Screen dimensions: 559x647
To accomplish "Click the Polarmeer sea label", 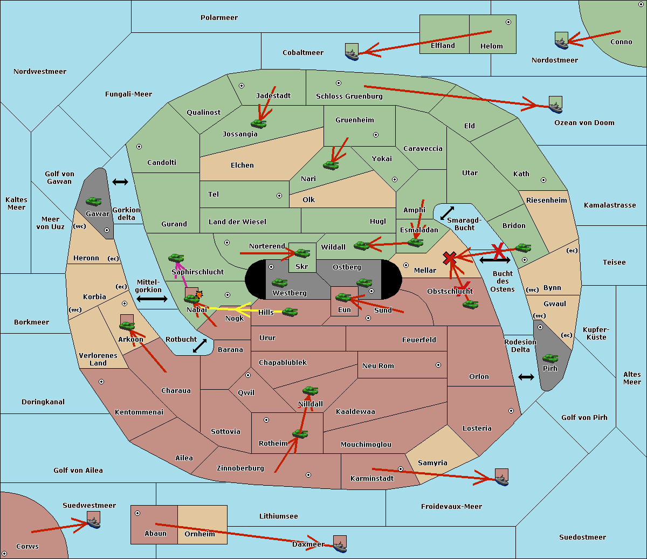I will click(x=219, y=18).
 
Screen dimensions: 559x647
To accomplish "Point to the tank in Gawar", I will click(x=94, y=202).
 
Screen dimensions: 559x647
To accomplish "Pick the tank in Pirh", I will click(x=550, y=358).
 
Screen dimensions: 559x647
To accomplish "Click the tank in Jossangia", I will click(x=259, y=123).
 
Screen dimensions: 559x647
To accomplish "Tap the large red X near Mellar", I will click(x=450, y=258).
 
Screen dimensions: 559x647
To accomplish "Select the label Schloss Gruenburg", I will click(x=349, y=96).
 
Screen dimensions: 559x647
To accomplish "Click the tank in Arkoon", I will click(x=127, y=326).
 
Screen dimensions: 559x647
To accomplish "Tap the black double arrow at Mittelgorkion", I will click(x=152, y=299).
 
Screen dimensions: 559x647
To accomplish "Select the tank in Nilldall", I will click(x=310, y=391).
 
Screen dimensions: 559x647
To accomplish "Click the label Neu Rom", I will click(x=378, y=365).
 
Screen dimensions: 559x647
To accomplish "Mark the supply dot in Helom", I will click(x=508, y=22).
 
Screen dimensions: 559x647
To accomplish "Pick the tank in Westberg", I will click(x=279, y=282).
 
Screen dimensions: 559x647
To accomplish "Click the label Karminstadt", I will click(x=372, y=478).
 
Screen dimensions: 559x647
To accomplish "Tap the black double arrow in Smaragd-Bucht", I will click(x=447, y=213).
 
